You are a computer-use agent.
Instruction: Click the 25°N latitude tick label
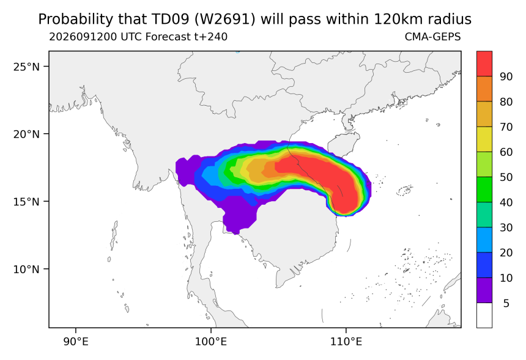pyautogui.click(x=26, y=67)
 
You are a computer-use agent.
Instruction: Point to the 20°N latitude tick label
pyautogui.click(x=26, y=134)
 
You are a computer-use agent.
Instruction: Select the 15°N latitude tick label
pyautogui.click(x=26, y=202)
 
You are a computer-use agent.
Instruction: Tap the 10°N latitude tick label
pyautogui.click(x=26, y=269)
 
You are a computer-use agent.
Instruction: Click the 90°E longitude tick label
pyautogui.click(x=76, y=342)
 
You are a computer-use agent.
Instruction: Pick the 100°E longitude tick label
pyautogui.click(x=211, y=342)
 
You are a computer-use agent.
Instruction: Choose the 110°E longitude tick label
pyautogui.click(x=346, y=342)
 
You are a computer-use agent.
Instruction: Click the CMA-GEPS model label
pyautogui.click(x=433, y=37)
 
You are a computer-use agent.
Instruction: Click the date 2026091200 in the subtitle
pyautogui.click(x=83, y=37)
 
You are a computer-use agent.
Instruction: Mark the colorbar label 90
pyautogui.click(x=506, y=77)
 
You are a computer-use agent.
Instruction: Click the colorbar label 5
pyautogui.click(x=506, y=303)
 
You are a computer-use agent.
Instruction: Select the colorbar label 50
pyautogui.click(x=506, y=177)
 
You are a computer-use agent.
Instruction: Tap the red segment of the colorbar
pyautogui.click(x=484, y=64)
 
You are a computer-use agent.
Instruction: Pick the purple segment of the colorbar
pyautogui.click(x=484, y=290)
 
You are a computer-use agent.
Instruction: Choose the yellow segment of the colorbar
pyautogui.click(x=484, y=139)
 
